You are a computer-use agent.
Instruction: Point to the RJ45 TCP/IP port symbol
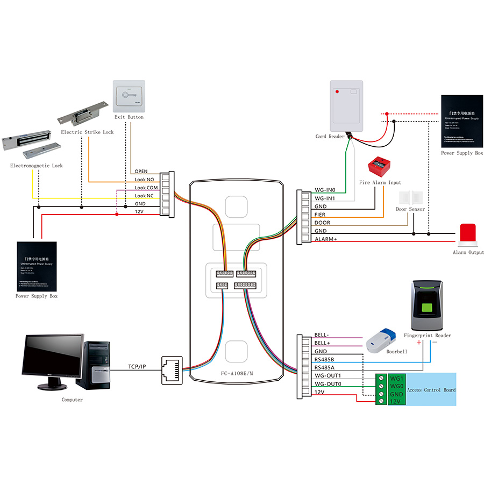pyautogui.click(x=172, y=369)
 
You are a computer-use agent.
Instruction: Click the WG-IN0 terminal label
pyautogui.click(x=325, y=190)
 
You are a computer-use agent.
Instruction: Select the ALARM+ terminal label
pyautogui.click(x=326, y=239)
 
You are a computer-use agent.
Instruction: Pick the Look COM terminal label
pyautogui.click(x=146, y=188)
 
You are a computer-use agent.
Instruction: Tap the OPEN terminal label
pyautogui.click(x=141, y=172)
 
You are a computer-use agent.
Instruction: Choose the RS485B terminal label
pyautogui.click(x=324, y=359)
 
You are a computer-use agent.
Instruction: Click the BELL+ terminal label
pyautogui.click(x=322, y=343)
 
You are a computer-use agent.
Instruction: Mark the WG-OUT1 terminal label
pyautogui.click(x=328, y=375)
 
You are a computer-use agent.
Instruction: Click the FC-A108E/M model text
pyautogui.click(x=237, y=373)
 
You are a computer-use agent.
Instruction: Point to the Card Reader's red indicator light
pyautogui.click(x=337, y=92)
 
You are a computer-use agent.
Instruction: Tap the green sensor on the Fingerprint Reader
pyautogui.click(x=429, y=308)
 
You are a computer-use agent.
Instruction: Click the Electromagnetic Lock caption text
pyautogui.click(x=37, y=166)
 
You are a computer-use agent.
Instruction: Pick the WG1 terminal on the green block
pyautogui.click(x=396, y=379)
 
